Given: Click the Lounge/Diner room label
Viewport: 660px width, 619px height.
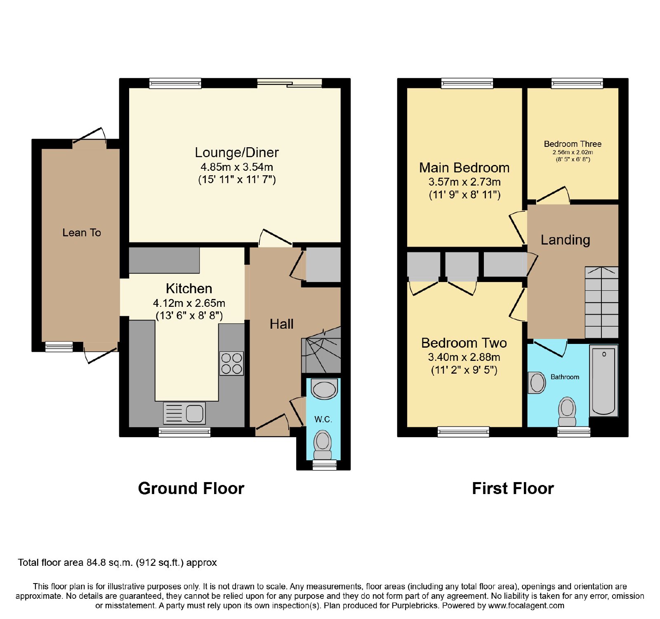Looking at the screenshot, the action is (237, 153).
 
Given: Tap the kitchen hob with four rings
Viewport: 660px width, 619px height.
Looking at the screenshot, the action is (231, 363).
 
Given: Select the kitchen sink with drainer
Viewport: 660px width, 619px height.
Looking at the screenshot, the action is (184, 413).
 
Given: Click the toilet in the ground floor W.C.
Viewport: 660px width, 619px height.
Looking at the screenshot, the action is (323, 445).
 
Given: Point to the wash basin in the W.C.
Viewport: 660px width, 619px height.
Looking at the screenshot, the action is (324, 389).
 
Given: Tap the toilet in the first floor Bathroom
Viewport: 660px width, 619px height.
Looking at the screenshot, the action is (567, 412).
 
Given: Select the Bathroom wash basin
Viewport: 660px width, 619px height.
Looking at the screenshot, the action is (537, 383).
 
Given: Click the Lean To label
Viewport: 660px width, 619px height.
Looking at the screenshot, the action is (82, 233).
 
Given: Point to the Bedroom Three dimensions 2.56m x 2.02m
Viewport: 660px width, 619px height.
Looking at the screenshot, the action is (573, 152).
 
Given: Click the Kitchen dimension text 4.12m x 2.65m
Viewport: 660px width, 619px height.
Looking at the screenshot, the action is (189, 303).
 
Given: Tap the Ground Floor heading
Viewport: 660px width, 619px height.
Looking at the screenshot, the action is (191, 488).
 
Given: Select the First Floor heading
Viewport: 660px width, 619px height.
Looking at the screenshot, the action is (513, 488).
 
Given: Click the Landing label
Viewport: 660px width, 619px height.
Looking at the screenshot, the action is (566, 240).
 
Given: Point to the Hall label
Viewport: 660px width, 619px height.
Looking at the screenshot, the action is (282, 324).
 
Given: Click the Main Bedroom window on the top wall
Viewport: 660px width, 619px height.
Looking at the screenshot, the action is (467, 83).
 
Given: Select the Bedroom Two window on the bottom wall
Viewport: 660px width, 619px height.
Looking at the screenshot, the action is (463, 432).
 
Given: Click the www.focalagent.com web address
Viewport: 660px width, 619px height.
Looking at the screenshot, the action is (526, 606).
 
